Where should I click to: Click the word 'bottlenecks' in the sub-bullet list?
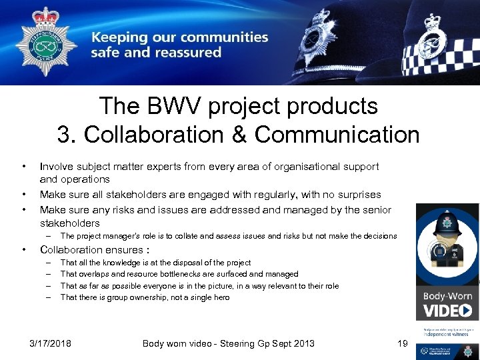click(191, 274)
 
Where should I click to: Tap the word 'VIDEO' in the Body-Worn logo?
click(447, 311)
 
